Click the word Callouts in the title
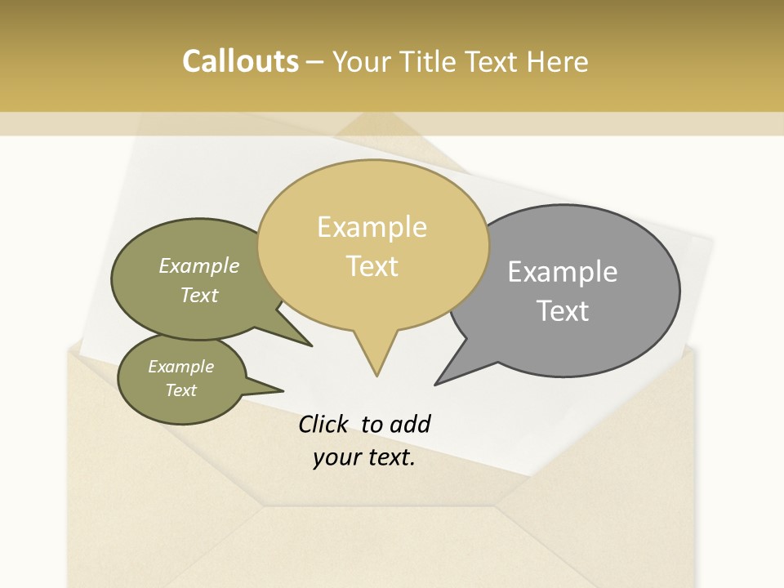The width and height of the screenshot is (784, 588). click(x=240, y=61)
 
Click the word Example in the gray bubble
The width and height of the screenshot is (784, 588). click(x=562, y=272)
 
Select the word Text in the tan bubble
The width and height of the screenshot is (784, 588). click(x=372, y=266)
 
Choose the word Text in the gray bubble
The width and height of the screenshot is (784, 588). click(x=563, y=311)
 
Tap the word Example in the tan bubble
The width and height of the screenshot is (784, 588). click(x=372, y=227)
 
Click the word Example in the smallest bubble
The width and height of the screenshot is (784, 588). click(x=180, y=367)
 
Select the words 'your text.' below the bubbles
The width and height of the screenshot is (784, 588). click(x=364, y=457)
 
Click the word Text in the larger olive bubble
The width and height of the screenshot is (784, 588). click(x=199, y=296)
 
